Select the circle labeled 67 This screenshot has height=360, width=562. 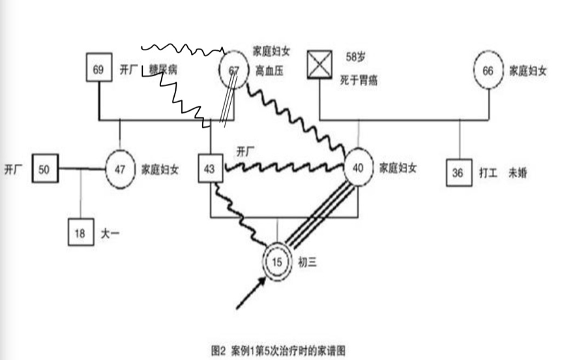pyautogui.click(x=234, y=70)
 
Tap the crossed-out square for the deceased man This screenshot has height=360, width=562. pyautogui.click(x=320, y=65)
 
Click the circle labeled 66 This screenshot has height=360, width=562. pyautogui.click(x=488, y=71)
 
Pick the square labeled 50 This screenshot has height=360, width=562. pyautogui.click(x=44, y=169)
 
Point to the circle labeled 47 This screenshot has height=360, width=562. pyautogui.click(x=119, y=170)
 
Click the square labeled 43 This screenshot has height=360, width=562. pyautogui.click(x=210, y=170)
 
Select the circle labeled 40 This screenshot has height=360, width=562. pyautogui.click(x=358, y=168)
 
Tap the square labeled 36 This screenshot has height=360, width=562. pyautogui.click(x=459, y=173)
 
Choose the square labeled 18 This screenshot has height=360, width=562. pyautogui.click(x=80, y=233)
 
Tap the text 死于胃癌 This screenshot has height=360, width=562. pyautogui.click(x=359, y=81)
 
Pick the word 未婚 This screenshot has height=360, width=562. pyautogui.click(x=520, y=173)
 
